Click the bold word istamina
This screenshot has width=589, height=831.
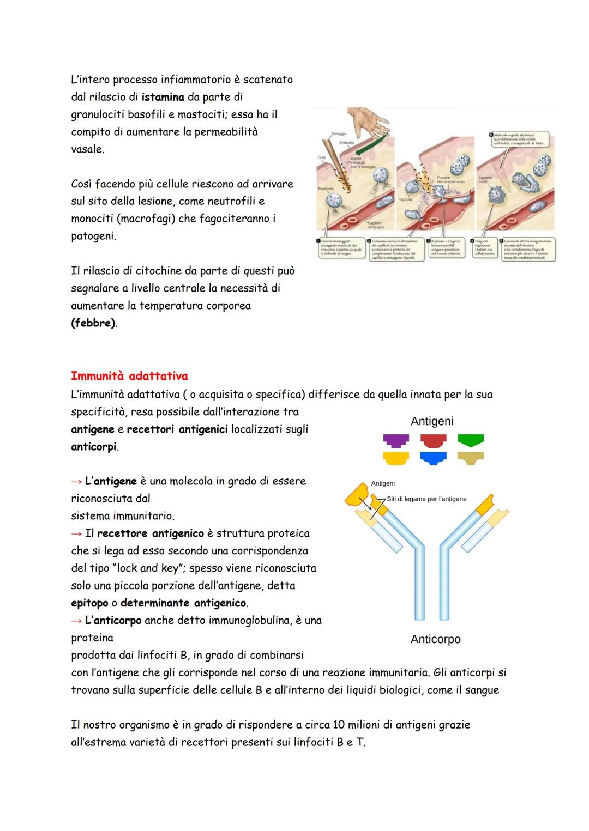(163, 98)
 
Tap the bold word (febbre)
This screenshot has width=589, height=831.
(93, 323)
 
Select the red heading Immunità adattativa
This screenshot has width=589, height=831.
(129, 376)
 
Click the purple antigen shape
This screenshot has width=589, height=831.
(396, 440)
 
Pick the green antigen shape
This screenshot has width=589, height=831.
(470, 440)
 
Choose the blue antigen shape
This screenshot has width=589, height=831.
(434, 458)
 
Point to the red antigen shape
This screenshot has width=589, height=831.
(434, 440)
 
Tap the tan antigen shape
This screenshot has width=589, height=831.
(470, 458)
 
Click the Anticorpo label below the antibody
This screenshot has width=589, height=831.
(435, 639)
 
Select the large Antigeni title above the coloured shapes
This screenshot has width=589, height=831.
(432, 421)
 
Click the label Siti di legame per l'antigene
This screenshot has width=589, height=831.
(426, 499)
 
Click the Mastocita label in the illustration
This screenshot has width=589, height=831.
(326, 189)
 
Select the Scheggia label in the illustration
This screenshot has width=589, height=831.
(339, 134)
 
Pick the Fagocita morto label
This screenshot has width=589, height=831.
(485, 180)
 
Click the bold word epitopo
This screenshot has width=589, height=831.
(89, 603)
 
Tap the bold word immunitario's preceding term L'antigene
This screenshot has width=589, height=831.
(111, 481)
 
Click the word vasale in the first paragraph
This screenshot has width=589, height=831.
(87, 149)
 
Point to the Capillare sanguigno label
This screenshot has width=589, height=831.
(376, 225)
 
